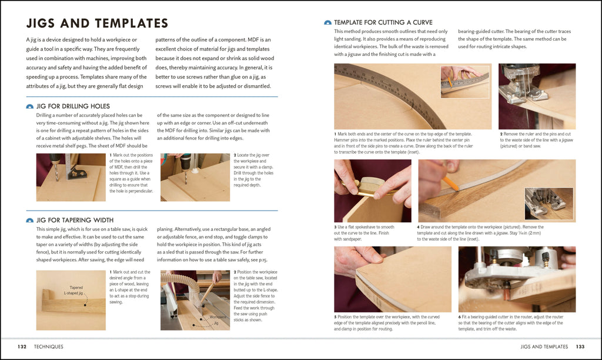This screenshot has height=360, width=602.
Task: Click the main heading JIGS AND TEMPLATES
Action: (98, 24)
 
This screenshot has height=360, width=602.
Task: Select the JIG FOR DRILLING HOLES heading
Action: (73, 106)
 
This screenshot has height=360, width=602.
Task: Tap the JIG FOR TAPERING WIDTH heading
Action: (75, 220)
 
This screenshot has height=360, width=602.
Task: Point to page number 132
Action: (22, 346)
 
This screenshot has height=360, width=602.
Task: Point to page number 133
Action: (580, 346)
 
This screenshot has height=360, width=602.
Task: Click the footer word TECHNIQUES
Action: (49, 346)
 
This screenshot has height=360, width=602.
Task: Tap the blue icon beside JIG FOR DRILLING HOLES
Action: (30, 106)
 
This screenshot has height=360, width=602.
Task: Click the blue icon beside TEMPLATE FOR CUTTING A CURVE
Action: (327, 22)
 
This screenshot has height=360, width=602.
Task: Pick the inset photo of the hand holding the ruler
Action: (465, 81)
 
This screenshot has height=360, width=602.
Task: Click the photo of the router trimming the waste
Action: (517, 279)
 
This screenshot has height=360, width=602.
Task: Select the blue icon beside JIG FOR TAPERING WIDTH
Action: (30, 220)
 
